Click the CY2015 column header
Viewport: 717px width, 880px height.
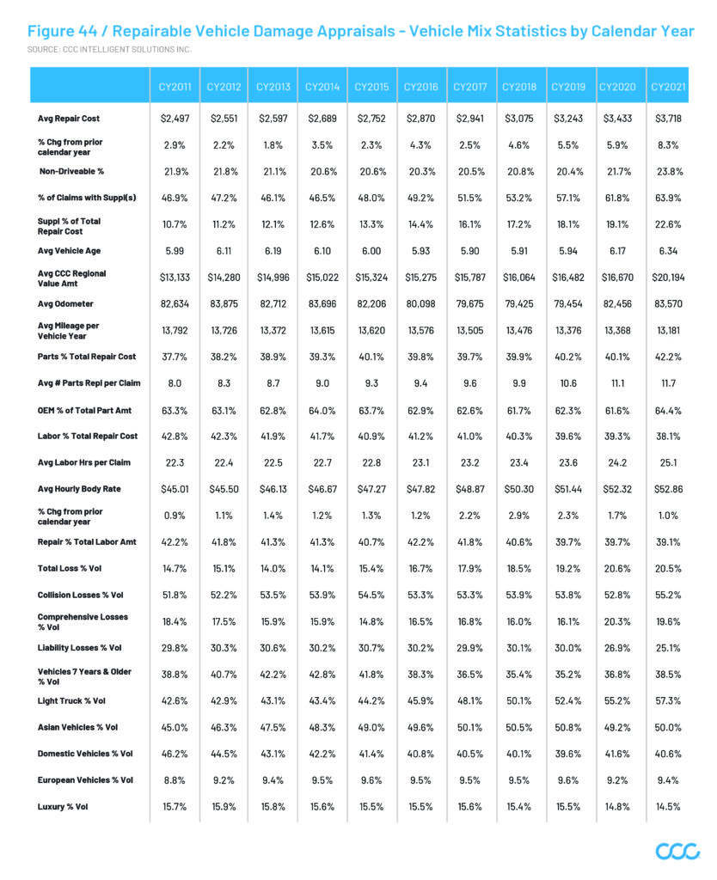[x=371, y=87]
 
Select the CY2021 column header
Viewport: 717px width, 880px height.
[x=668, y=87]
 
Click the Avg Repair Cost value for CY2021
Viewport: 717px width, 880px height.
[x=668, y=119]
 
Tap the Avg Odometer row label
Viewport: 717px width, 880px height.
[x=65, y=303]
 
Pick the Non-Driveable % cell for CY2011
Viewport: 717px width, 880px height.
[x=175, y=172]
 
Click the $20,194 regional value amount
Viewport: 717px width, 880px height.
[x=668, y=278]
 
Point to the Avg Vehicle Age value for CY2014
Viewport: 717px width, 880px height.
[x=322, y=251]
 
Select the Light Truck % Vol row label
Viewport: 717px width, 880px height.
[x=71, y=701]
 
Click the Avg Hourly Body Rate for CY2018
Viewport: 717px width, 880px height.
[x=518, y=489]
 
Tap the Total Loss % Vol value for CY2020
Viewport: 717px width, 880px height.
[x=617, y=569]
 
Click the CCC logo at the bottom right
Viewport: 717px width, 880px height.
[x=677, y=851]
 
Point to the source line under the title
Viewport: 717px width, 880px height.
[x=109, y=49]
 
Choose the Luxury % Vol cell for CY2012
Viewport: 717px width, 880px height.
[x=224, y=806]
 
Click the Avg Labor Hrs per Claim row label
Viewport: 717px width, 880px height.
[x=83, y=462]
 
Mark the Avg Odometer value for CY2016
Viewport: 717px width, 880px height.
[x=420, y=303]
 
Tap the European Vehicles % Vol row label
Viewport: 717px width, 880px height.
[x=85, y=780]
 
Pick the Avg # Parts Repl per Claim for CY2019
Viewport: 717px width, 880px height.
[x=568, y=383]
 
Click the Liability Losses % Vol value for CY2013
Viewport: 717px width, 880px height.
[x=273, y=648]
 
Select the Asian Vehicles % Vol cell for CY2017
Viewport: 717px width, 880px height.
[x=470, y=727]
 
